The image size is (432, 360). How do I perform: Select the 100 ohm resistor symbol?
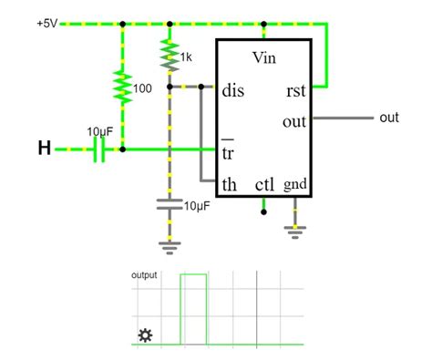121,87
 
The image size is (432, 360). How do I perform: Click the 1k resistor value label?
186,57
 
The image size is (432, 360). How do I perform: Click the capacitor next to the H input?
100,149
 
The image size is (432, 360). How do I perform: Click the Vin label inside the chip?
263,59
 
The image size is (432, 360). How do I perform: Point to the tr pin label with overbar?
229,150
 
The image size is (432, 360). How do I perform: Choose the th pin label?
231,184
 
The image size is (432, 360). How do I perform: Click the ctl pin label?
264,184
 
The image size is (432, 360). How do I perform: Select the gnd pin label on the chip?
294,184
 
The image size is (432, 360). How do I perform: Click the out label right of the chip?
389,118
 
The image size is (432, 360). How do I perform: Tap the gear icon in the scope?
144,336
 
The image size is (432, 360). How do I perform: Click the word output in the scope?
144,274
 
